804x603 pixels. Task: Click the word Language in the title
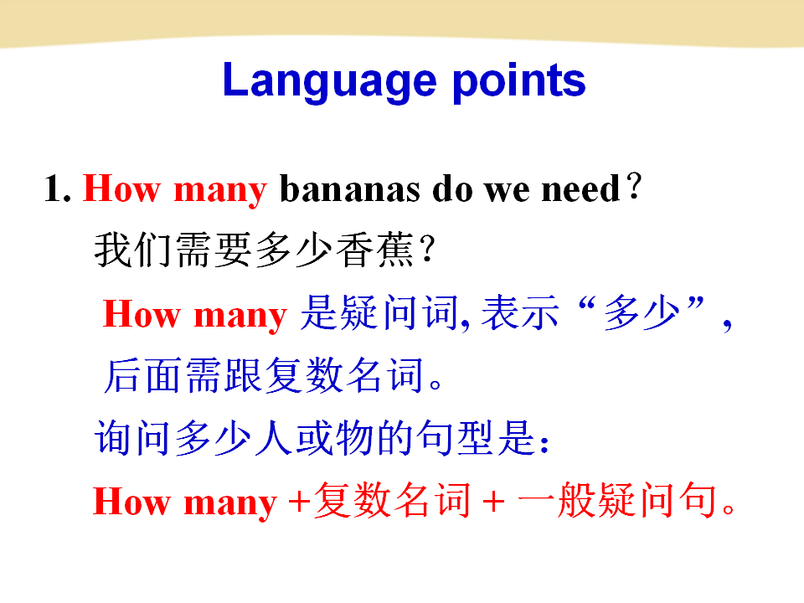click(329, 81)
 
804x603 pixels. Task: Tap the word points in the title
click(519, 81)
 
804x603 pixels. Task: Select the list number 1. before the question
click(58, 188)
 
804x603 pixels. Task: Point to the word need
click(581, 188)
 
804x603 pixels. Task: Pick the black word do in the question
click(452, 188)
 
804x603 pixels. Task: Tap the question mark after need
click(634, 186)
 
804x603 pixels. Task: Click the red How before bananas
click(121, 188)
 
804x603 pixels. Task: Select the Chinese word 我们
click(133, 250)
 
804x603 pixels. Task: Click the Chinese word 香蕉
click(375, 250)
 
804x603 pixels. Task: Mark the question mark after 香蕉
click(426, 249)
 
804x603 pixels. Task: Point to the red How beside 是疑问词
click(142, 313)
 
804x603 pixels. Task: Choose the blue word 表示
click(520, 312)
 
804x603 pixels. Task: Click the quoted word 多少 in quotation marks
click(642, 312)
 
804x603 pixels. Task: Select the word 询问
click(132, 437)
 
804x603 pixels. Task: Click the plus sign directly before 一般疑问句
click(493, 501)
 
